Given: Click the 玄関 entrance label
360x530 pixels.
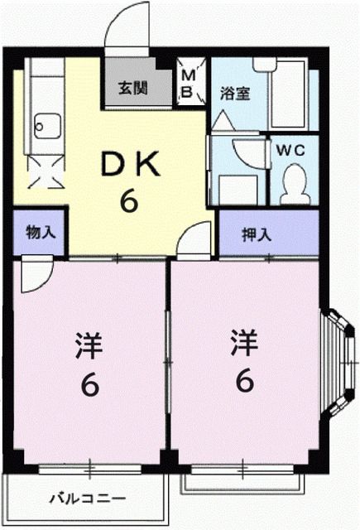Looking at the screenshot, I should click(132, 86).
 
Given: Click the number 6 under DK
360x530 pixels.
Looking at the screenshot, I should click(129, 200).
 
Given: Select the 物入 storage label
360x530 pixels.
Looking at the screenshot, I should click(40, 232).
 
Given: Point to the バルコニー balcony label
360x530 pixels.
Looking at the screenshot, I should click(86, 499).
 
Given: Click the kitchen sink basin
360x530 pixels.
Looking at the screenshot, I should click(45, 128).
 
